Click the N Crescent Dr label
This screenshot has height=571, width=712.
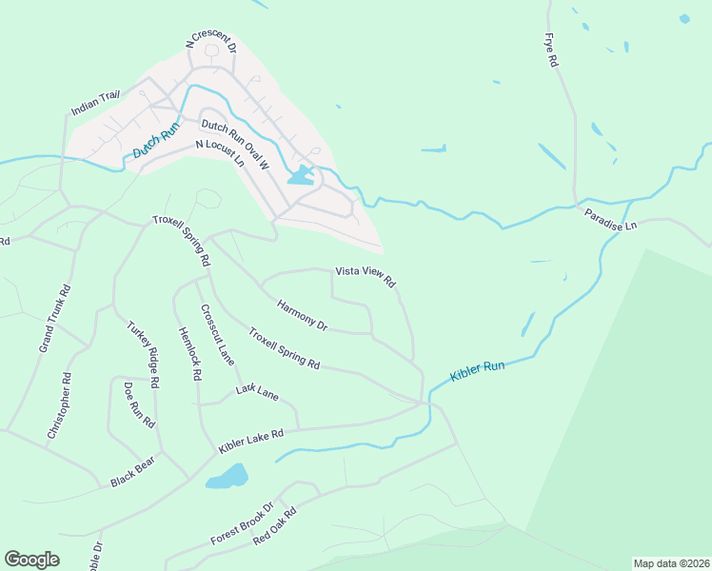pyautogui.click(x=208, y=39)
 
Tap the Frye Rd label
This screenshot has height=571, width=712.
pyautogui.click(x=550, y=49)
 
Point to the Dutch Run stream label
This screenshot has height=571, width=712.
pyautogui.click(x=156, y=141)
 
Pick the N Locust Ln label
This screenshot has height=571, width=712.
pyautogui.click(x=220, y=153)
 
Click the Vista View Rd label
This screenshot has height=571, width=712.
pyautogui.click(x=365, y=277)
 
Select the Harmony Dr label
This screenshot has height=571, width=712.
pyautogui.click(x=302, y=316)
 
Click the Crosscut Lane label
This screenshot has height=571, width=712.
pyautogui.click(x=217, y=334)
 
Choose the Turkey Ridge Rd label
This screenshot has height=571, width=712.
pyautogui.click(x=143, y=354)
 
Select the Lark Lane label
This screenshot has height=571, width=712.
pyautogui.click(x=257, y=391)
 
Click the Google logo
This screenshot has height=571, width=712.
pyautogui.click(x=31, y=560)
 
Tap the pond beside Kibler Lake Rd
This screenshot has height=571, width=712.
pyautogui.click(x=227, y=476)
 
